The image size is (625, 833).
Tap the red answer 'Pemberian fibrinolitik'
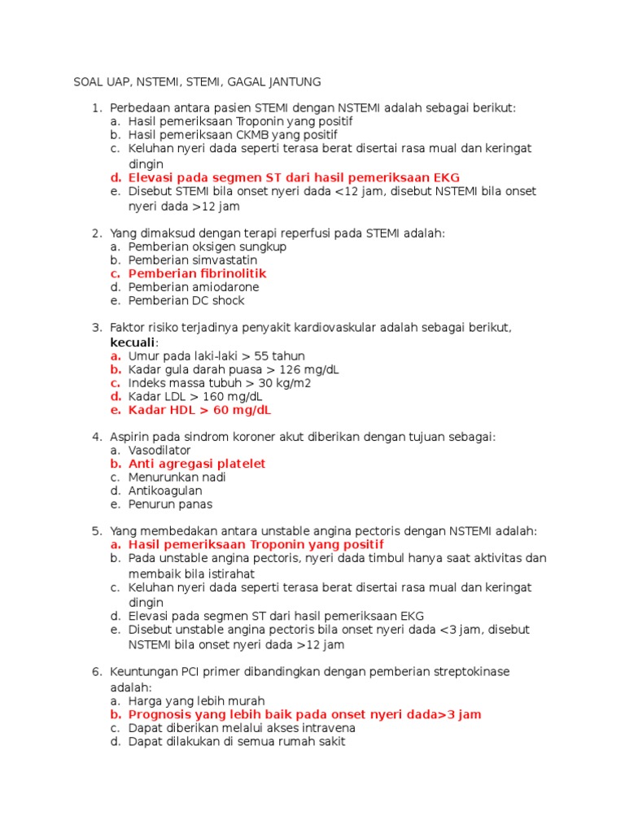(x=197, y=273)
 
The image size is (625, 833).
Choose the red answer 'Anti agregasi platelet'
(x=197, y=464)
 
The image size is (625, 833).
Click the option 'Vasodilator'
(x=160, y=450)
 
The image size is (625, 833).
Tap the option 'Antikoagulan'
(x=165, y=491)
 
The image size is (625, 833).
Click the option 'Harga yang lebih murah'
(x=196, y=700)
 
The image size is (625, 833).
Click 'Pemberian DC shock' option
(x=186, y=301)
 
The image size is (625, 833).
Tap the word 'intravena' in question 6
(x=327, y=728)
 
